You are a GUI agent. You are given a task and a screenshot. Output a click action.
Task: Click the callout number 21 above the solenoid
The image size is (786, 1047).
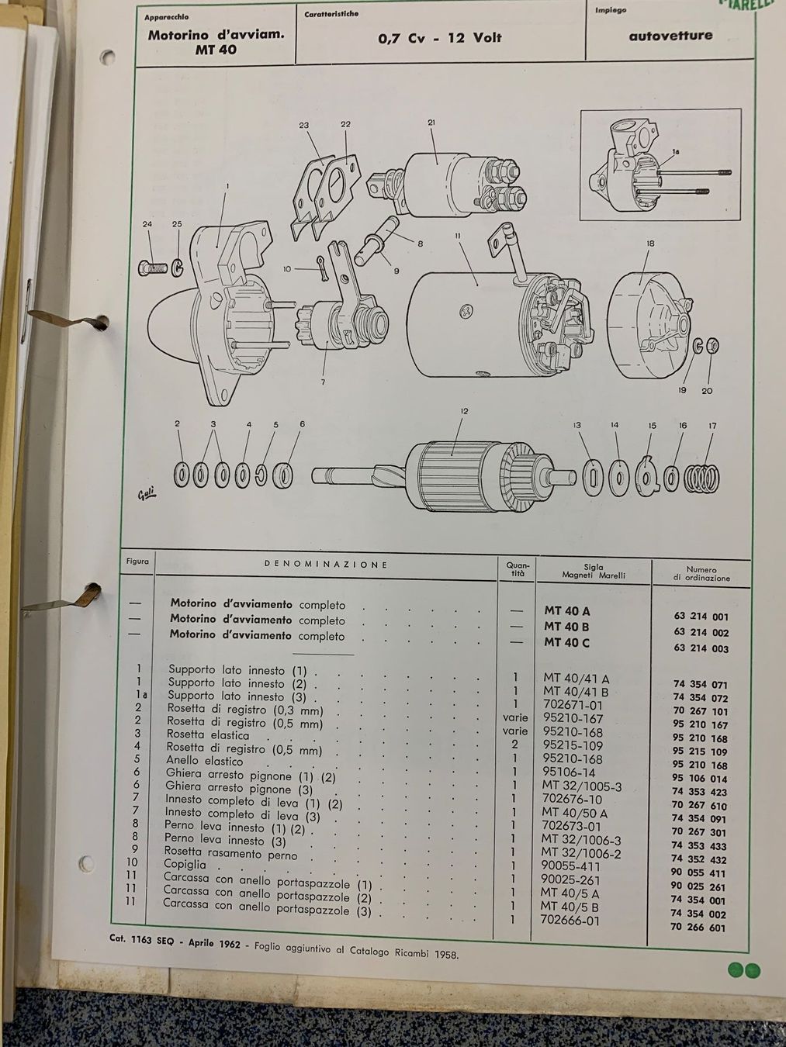(x=431, y=123)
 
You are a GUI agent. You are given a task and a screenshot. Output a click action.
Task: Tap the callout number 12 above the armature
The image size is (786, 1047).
(x=465, y=411)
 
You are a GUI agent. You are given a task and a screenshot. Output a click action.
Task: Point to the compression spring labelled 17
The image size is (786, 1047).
(x=702, y=478)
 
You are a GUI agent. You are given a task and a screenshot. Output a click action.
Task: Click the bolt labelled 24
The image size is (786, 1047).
(x=152, y=268)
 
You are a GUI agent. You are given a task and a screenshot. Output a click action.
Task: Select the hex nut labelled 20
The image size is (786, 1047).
(x=712, y=345)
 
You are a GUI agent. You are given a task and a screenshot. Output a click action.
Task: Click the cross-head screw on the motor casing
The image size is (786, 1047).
(x=466, y=312)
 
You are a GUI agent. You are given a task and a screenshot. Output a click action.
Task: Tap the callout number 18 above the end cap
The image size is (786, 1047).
(x=650, y=244)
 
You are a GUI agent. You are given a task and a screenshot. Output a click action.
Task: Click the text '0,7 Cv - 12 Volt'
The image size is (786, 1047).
(x=439, y=38)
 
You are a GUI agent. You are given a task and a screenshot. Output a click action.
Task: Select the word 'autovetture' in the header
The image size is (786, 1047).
(x=670, y=36)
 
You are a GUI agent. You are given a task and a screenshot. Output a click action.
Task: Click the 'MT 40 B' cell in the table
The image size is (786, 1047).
(x=566, y=627)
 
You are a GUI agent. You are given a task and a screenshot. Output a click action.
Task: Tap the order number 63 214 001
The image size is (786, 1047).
(x=701, y=617)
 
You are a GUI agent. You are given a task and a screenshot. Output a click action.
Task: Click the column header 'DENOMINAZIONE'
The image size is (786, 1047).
(x=325, y=565)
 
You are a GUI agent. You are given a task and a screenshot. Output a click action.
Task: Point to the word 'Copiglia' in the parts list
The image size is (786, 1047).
(x=185, y=864)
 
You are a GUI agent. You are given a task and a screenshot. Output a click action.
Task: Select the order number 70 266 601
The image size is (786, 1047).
(x=698, y=928)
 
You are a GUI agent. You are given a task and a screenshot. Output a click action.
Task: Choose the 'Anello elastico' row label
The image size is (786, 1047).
(x=204, y=761)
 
